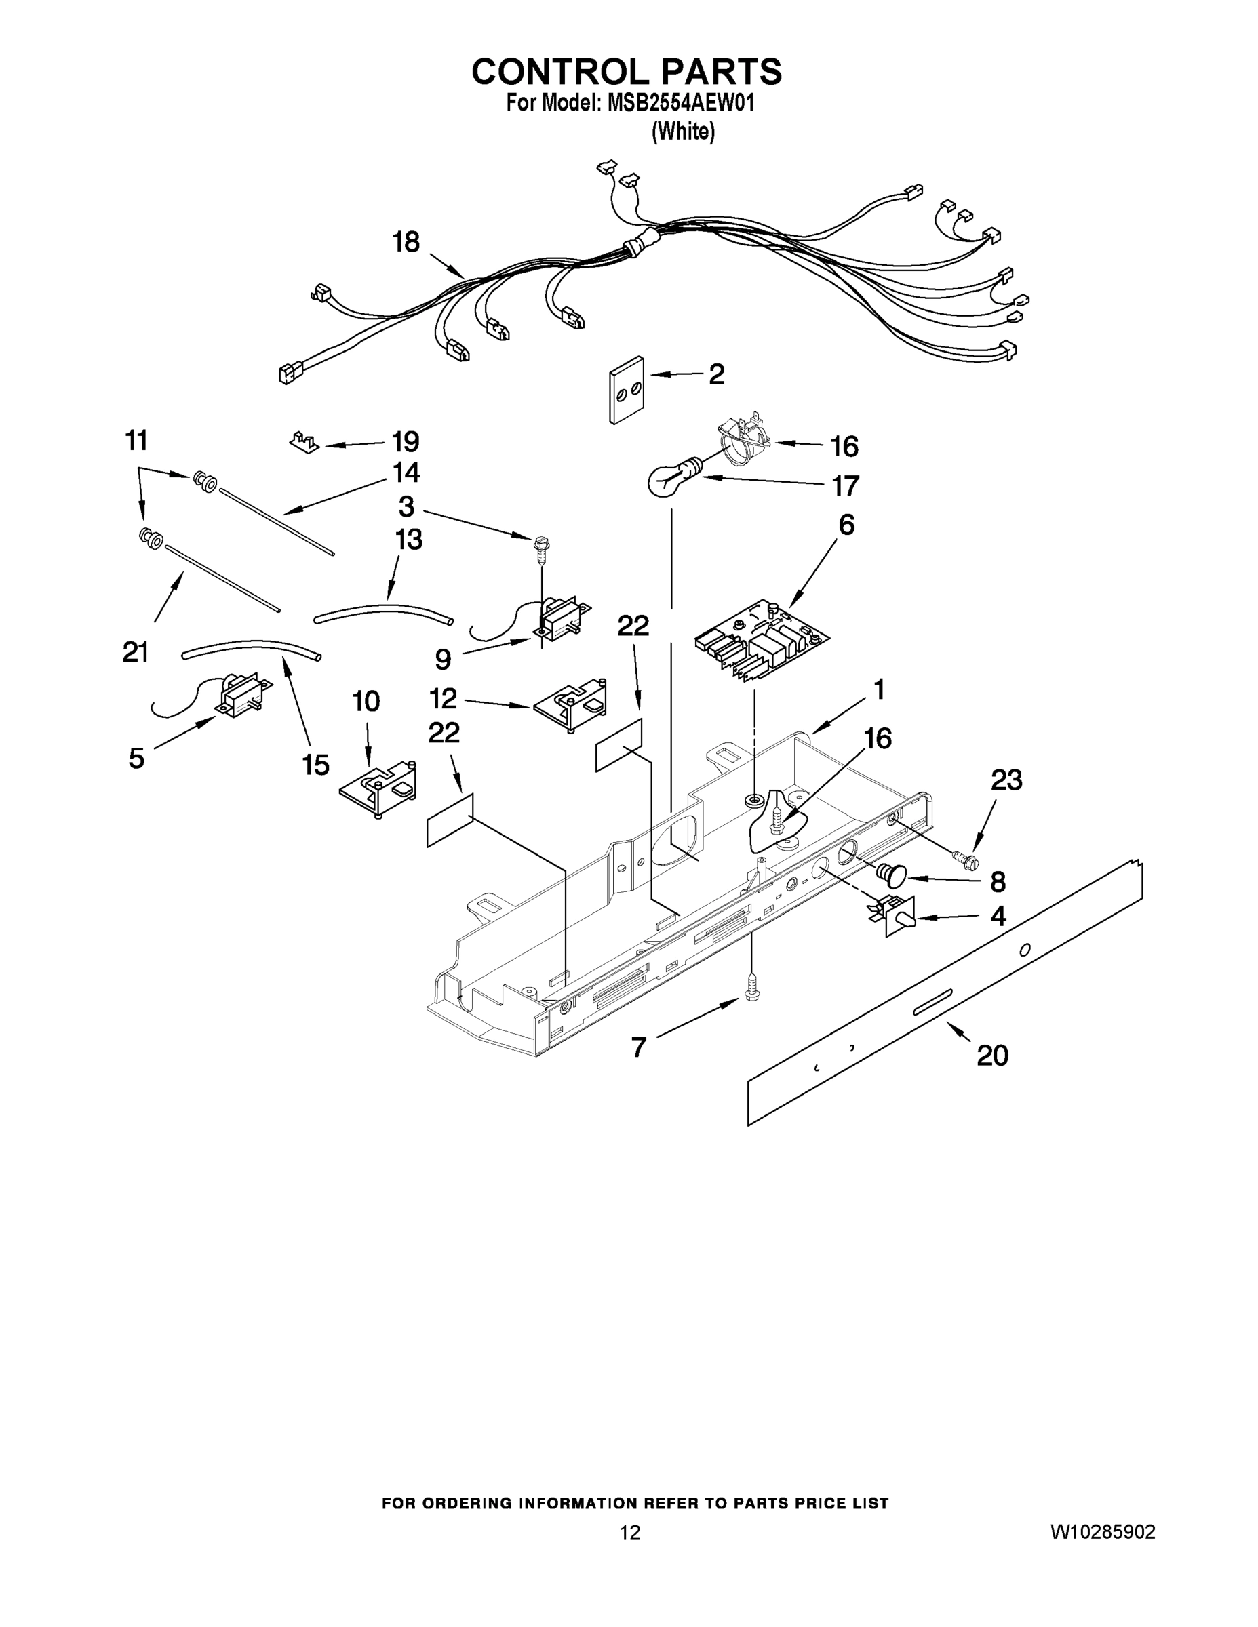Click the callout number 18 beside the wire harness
click(406, 242)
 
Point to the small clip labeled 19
click(304, 441)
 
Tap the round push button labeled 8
click(892, 873)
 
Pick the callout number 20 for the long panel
click(992, 1055)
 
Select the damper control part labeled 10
click(378, 790)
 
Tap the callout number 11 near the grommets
click(136, 441)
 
